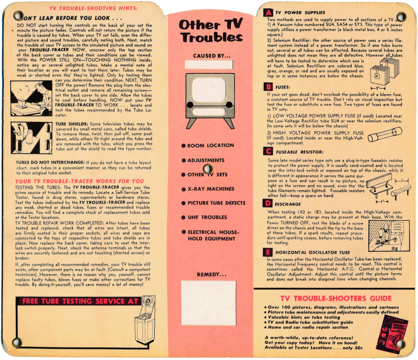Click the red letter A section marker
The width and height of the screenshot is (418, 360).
pos(268,13)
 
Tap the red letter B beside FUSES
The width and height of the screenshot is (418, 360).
pos(268,87)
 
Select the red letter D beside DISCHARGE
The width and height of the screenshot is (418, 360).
pos(268,204)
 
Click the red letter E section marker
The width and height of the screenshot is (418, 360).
pos(268,252)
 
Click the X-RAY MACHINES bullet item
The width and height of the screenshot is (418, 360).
pos(208,189)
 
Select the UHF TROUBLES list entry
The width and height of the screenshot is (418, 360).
pos(204,217)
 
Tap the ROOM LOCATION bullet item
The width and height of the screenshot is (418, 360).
pos(208,145)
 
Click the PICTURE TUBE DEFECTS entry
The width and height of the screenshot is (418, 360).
pos(214,203)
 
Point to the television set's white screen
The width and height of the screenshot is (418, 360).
pos(209,90)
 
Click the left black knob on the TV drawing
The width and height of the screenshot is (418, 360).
pos(190,105)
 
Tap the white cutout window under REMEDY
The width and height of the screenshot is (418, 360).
pos(209,303)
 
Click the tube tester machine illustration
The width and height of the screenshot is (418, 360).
pos(145,320)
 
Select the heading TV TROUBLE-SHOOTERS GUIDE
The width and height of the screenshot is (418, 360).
pos(336,298)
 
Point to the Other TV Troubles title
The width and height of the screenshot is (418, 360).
pos(211,31)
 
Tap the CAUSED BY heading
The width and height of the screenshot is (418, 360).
pos(212,56)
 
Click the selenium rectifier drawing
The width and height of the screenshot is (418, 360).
pos(385,71)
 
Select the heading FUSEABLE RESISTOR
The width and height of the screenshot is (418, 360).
pos(300,152)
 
